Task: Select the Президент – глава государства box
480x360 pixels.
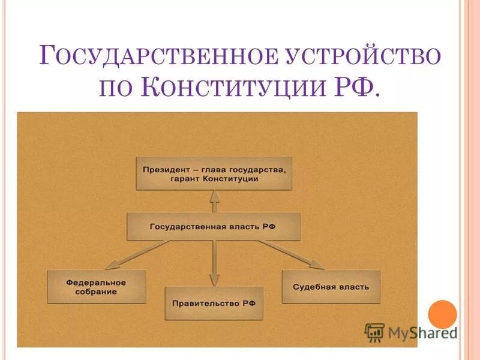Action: (x=214, y=174)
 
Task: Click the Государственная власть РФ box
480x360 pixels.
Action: (x=214, y=227)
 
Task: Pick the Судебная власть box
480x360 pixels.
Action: (x=331, y=287)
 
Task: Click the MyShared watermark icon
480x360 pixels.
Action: (x=375, y=331)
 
